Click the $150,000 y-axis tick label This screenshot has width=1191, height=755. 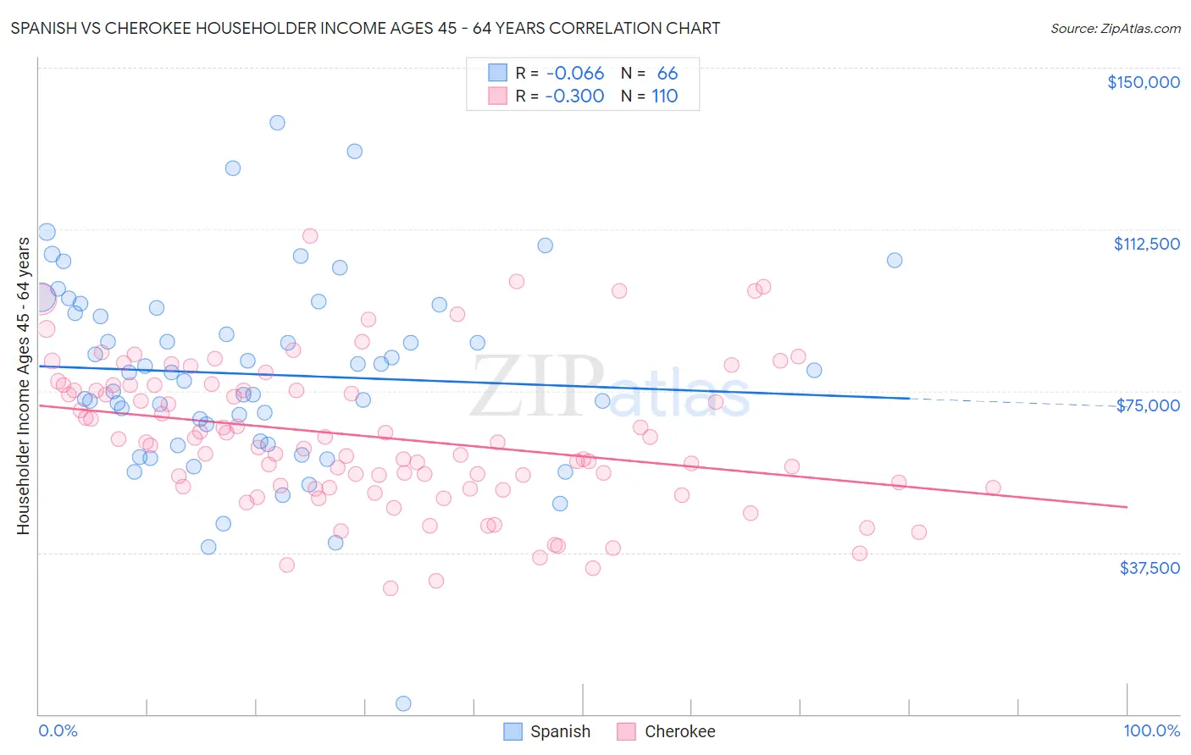point(1143,82)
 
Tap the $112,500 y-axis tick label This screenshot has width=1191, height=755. point(1146,244)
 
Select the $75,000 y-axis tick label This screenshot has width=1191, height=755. point(1148,405)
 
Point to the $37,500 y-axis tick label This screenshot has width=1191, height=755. point(1149,568)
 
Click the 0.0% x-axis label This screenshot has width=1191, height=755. point(58,730)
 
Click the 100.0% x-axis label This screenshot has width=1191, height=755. point(1151,730)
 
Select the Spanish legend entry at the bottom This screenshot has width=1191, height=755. point(547,731)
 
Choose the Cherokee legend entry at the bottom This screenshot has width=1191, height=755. point(667,731)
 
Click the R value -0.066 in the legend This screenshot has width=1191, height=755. point(574,74)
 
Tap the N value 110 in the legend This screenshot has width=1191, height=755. point(665,96)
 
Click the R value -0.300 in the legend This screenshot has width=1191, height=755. point(574,96)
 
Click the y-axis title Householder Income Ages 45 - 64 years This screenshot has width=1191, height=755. point(23,386)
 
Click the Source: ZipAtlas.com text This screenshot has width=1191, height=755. point(1115,28)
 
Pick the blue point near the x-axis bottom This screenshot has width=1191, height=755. point(403,703)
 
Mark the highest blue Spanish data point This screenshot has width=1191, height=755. point(277,123)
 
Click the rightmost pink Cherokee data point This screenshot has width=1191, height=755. point(993,488)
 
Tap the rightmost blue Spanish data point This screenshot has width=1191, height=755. point(895,260)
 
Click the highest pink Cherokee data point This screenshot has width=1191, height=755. point(310,236)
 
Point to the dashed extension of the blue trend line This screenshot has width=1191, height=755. point(1017,403)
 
